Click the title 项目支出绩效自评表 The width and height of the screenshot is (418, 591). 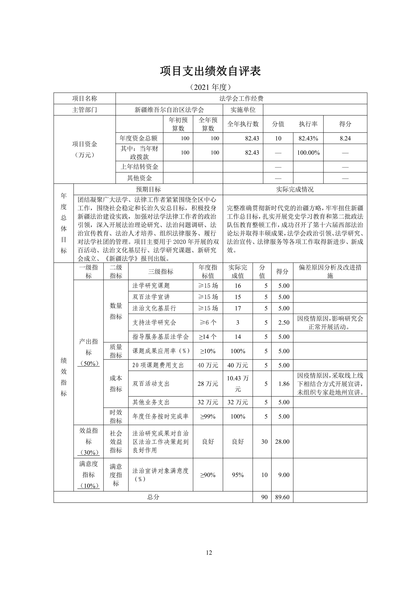pos(210,71)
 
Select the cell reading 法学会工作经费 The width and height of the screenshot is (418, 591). pos(241,98)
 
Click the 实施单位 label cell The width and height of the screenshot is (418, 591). pos(243,110)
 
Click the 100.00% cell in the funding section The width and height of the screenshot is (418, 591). pos(308,153)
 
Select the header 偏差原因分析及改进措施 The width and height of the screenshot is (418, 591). pos(330,271)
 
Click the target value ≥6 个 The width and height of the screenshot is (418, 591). pos(208,322)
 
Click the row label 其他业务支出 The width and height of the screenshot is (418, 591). pos(151,402)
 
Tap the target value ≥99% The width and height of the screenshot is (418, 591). pos(208,416)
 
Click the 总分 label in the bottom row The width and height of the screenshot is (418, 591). pos(153,497)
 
